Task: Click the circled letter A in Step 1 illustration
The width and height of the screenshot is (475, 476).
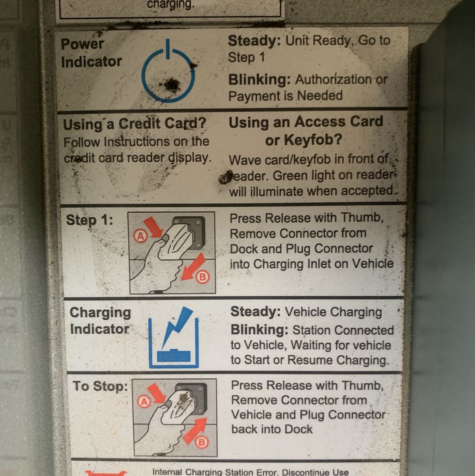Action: tap(140, 236)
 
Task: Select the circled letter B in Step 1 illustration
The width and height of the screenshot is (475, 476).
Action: tap(202, 277)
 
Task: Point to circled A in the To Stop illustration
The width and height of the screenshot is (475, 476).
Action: tap(144, 402)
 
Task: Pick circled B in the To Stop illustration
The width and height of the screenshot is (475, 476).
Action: tap(202, 442)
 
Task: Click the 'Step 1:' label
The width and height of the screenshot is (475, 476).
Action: tap(89, 220)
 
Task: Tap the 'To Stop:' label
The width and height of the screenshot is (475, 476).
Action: tap(100, 386)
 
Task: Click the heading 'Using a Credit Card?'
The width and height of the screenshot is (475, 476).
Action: tap(135, 124)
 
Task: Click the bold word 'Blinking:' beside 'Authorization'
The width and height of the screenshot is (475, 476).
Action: tap(260, 80)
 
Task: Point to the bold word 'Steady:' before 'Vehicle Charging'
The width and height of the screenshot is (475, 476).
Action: tap(256, 312)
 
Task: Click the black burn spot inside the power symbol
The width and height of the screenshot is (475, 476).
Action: tap(171, 85)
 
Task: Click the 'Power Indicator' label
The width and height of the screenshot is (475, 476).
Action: tap(91, 53)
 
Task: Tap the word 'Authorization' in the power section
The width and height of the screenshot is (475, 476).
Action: tap(334, 80)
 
